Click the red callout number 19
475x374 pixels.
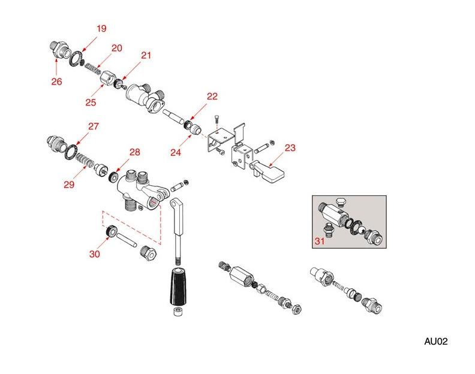coord(101,28)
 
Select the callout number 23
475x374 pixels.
coord(290,148)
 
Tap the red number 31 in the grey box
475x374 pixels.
coord(320,241)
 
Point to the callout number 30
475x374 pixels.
coord(95,254)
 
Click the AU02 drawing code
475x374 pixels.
coord(435,341)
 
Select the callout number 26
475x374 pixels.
coord(56,82)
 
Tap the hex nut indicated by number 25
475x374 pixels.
coord(107,78)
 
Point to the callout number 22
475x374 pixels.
coord(212,96)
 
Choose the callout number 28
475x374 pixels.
coord(134,152)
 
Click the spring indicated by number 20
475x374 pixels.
coord(93,68)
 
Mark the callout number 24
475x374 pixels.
coord(176,152)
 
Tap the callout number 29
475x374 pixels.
coord(69,184)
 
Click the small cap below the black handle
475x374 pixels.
coord(178,311)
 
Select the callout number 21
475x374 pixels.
coord(146,55)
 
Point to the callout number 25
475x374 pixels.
coord(91,102)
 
